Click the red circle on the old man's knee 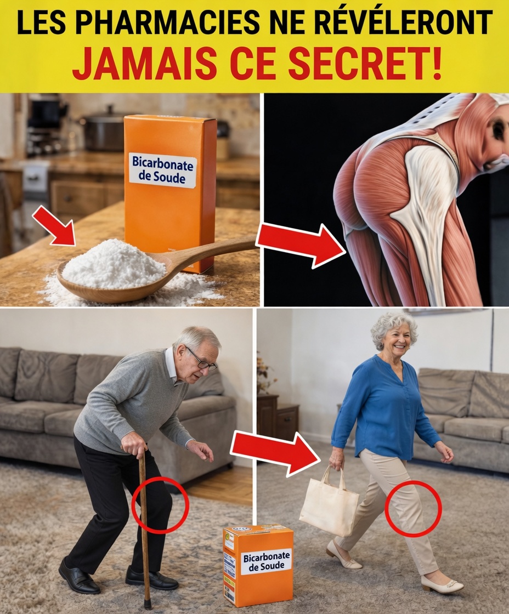click(160, 505)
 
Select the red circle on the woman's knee click(413, 509)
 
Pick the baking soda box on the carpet click(258, 565)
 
